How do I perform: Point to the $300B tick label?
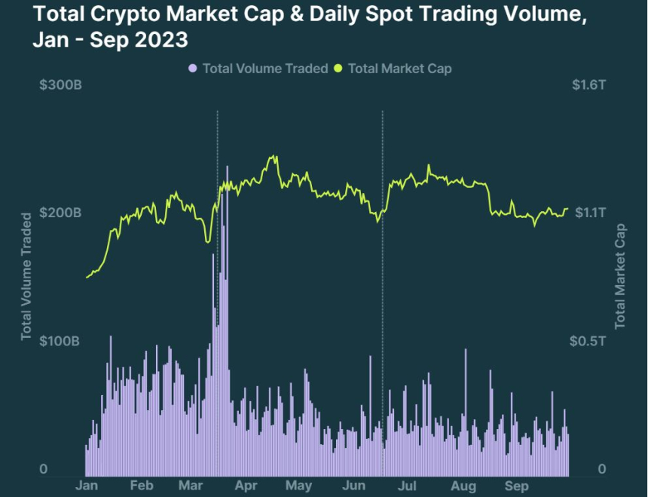(x=60, y=84)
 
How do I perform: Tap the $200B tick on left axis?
(x=60, y=213)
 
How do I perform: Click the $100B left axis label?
(x=60, y=342)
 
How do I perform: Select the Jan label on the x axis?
(x=88, y=486)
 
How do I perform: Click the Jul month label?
(x=408, y=486)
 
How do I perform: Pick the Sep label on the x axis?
(x=516, y=486)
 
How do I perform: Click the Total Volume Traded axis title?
(x=26, y=276)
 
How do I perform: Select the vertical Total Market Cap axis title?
(x=621, y=276)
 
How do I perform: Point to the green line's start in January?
(x=87, y=278)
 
